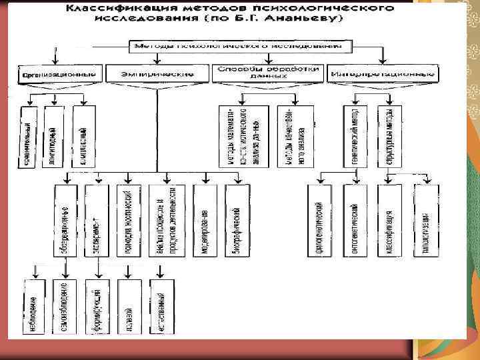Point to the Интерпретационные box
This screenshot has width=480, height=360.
[x=371, y=73]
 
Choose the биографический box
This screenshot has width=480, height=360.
[x=237, y=221]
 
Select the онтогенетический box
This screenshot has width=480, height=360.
[x=355, y=221]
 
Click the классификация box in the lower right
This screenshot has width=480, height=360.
[x=389, y=221]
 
